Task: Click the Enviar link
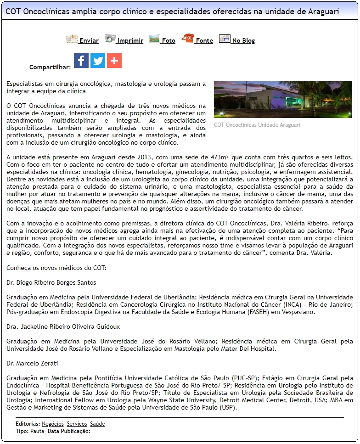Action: click(x=89, y=40)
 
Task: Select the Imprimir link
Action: click(x=130, y=40)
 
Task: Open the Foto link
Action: click(x=169, y=40)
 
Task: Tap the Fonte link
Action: click(x=204, y=40)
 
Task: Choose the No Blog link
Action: click(x=243, y=40)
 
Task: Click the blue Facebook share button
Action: click(x=81, y=61)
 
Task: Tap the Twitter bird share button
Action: click(x=98, y=61)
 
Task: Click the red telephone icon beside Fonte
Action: click(x=187, y=39)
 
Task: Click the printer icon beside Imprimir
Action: click(x=110, y=39)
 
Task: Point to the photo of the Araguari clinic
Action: click(x=282, y=100)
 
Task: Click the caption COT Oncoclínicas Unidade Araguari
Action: click(x=257, y=125)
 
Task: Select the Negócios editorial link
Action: click(x=53, y=424)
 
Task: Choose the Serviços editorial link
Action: click(x=77, y=424)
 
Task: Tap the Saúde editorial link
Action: click(x=97, y=424)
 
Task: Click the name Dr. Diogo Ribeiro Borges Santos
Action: click(x=51, y=282)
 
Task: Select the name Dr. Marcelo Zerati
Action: click(x=32, y=363)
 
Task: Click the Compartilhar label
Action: click(x=50, y=67)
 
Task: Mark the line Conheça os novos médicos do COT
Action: click(x=56, y=268)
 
